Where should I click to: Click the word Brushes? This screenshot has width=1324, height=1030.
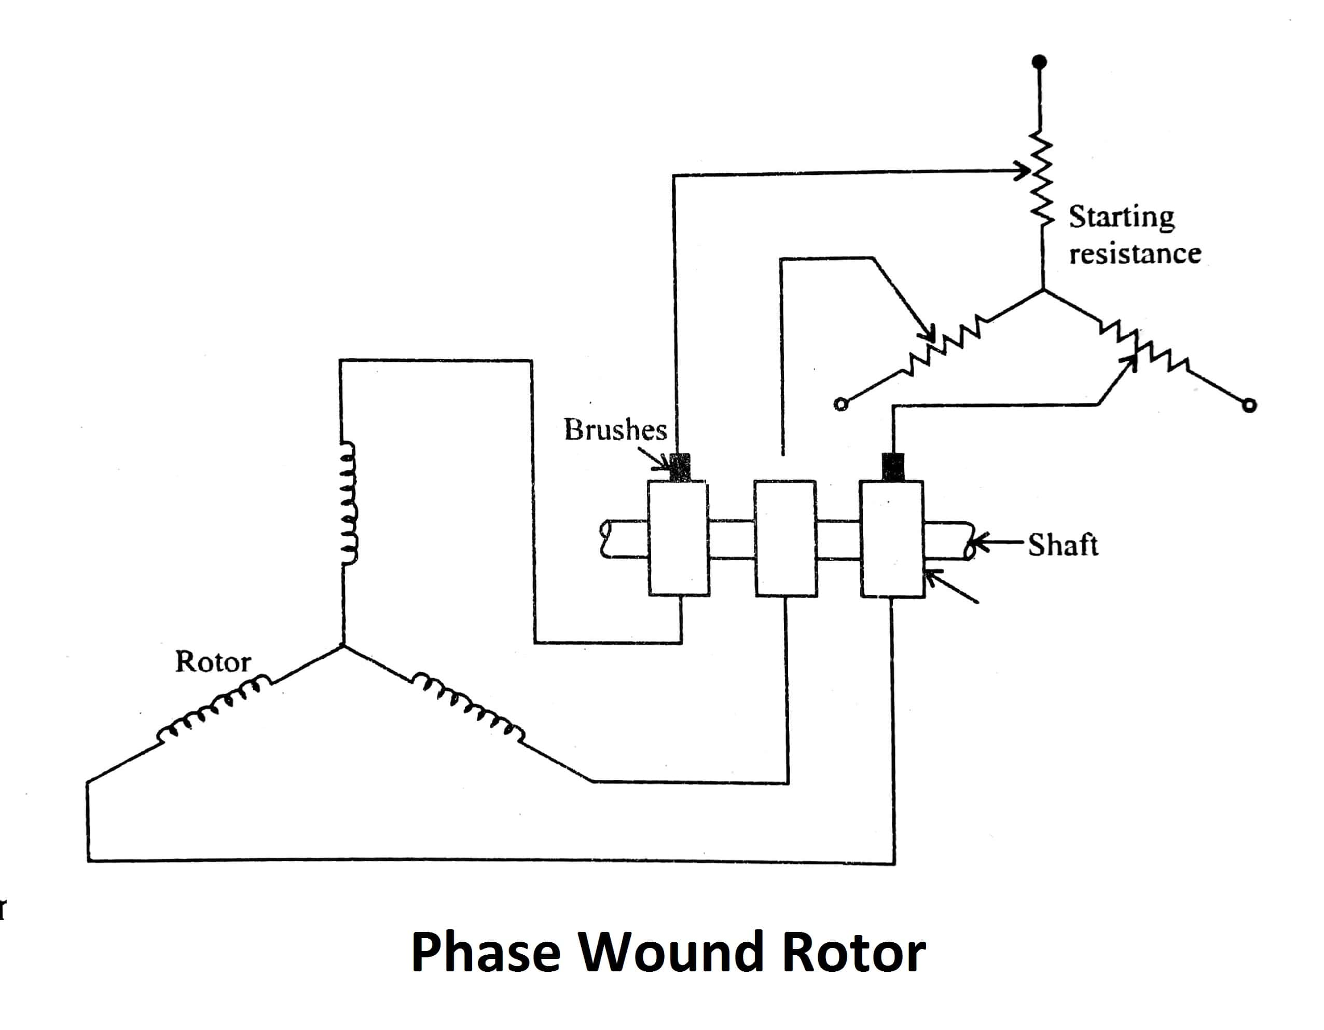(x=615, y=430)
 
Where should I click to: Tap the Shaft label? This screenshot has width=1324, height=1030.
(x=1063, y=545)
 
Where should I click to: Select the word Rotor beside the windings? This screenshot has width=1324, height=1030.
(x=213, y=662)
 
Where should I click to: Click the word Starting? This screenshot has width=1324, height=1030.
(x=1121, y=217)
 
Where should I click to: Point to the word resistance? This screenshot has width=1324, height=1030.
(x=1134, y=253)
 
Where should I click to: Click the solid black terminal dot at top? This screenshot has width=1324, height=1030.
(x=1039, y=62)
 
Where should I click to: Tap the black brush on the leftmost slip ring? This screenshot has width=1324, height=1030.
(x=680, y=468)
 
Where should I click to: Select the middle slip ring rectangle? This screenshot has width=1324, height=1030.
(x=785, y=538)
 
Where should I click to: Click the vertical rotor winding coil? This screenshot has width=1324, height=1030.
(x=348, y=504)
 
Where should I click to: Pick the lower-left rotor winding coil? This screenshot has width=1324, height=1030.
(x=212, y=710)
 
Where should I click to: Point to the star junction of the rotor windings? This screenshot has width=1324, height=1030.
(x=343, y=645)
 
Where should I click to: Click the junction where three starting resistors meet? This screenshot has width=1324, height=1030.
(x=1043, y=291)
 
